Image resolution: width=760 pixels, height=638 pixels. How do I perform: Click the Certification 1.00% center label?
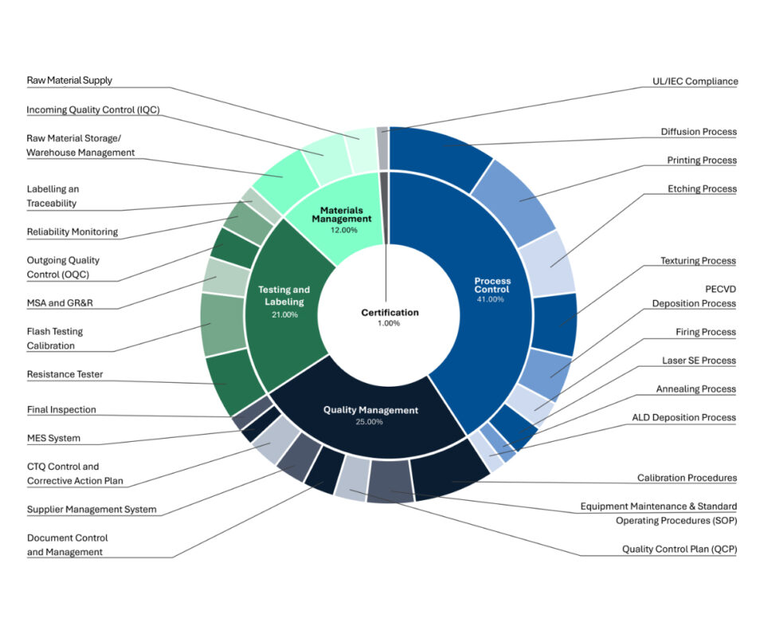tap(390, 317)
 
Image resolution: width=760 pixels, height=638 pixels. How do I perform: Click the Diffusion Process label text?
tap(698, 132)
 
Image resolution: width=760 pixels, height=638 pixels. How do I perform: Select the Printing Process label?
tap(701, 160)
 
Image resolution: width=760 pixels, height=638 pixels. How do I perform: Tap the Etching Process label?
tap(702, 189)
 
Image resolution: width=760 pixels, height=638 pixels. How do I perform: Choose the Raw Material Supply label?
tap(69, 81)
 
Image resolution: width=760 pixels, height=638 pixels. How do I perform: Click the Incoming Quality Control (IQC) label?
tap(93, 110)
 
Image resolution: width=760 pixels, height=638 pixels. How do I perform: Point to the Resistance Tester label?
tap(65, 374)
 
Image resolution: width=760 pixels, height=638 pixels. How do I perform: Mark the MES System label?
tap(53, 438)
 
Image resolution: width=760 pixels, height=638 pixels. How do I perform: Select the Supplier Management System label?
tap(92, 509)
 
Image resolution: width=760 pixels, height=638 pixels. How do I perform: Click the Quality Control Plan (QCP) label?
tap(679, 549)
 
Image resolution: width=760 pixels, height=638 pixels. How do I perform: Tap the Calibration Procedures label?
tap(687, 478)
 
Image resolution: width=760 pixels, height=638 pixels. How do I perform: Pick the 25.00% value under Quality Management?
tap(369, 421)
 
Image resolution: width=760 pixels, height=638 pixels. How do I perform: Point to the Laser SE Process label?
tap(699, 360)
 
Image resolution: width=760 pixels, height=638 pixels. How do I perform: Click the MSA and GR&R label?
tap(60, 303)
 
